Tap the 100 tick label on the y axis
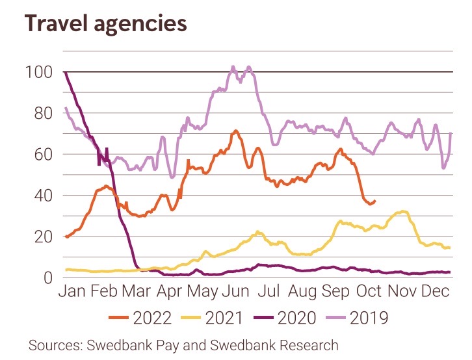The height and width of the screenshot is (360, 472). pos(41,72)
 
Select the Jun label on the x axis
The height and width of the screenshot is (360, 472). pos(243,292)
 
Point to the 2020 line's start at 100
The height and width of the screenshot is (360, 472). pos(65,72)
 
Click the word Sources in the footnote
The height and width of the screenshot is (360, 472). pos(53,345)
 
